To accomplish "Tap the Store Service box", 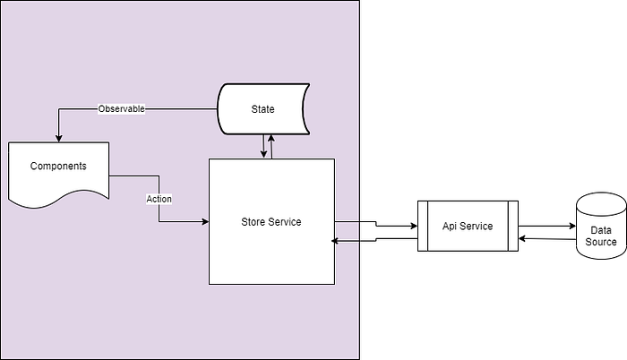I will click(x=271, y=222).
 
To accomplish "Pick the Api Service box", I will click(x=468, y=226).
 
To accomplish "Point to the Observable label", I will click(x=121, y=108).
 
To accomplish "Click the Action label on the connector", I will click(x=159, y=198).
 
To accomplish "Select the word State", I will click(x=262, y=109).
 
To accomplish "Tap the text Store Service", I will click(x=271, y=222).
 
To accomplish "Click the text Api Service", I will click(x=468, y=226).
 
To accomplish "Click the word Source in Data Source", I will click(x=600, y=242).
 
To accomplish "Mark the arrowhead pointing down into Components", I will click(x=58, y=138).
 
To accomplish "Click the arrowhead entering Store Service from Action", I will click(x=205, y=220).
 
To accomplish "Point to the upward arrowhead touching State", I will click(x=270, y=136).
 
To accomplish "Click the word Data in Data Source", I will click(x=600, y=229).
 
